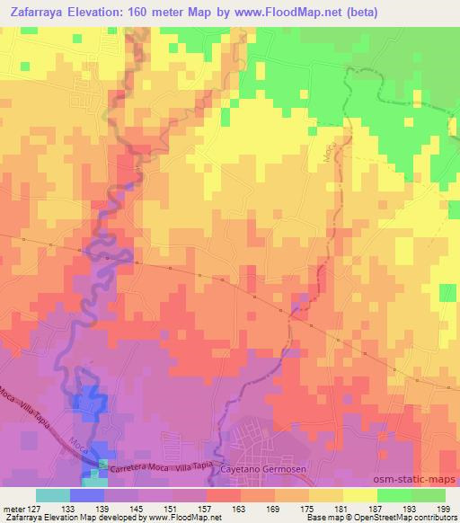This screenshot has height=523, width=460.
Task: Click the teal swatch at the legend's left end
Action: tap(53, 495)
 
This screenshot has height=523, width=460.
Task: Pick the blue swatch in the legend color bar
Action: tap(87, 495)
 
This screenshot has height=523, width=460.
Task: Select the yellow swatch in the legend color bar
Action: tap(360, 495)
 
